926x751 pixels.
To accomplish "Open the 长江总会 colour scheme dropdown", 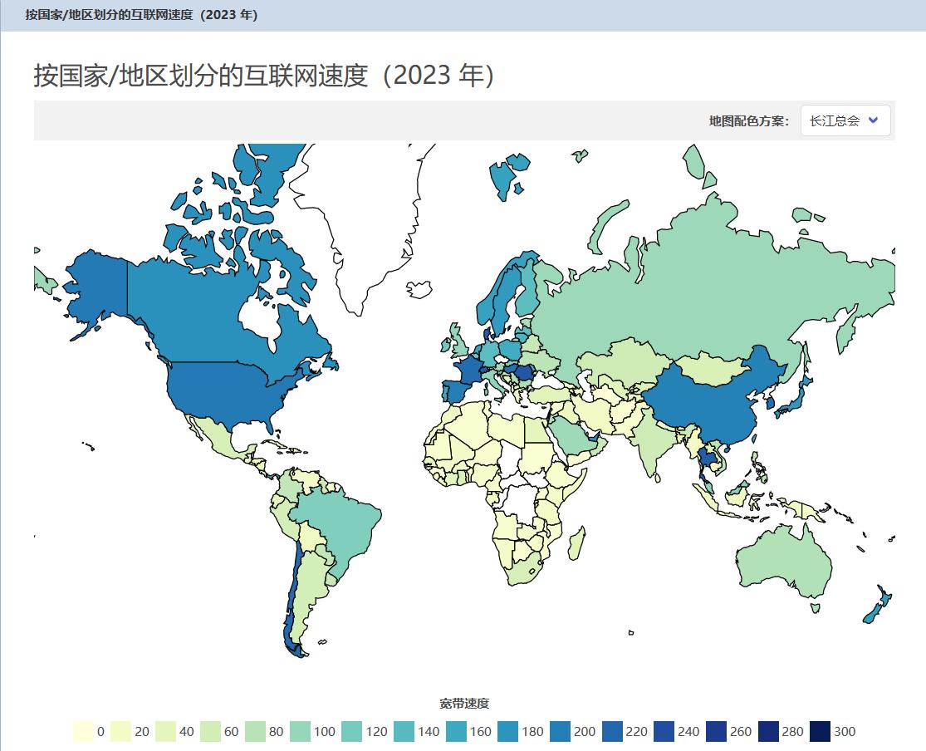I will (x=845, y=120).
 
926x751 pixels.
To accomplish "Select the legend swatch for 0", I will (x=81, y=732).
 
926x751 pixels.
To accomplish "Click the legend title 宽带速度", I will (x=464, y=704).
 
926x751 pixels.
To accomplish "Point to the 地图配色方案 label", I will (x=748, y=121).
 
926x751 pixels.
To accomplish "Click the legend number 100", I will (x=325, y=732).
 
